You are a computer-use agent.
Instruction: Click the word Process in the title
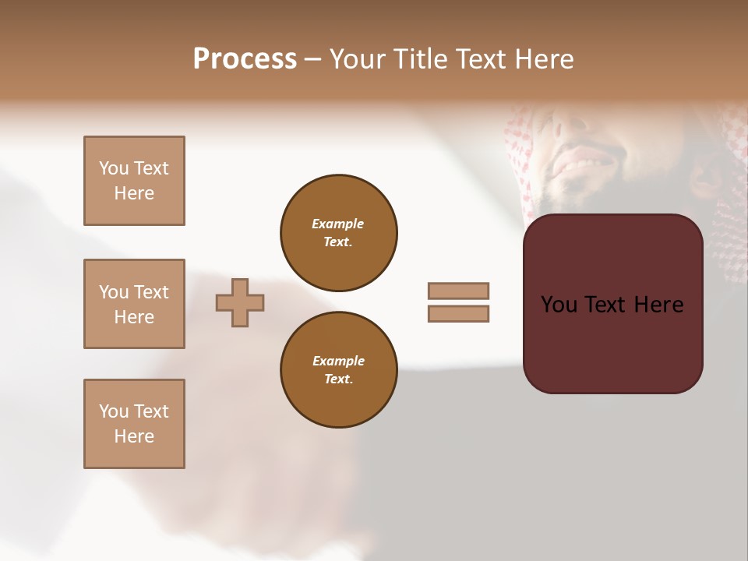tap(245, 59)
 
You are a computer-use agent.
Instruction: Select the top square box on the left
tap(134, 181)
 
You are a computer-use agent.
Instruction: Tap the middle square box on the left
tap(134, 304)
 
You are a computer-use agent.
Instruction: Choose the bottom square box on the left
tap(134, 424)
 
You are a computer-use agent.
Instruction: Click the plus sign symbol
tap(240, 302)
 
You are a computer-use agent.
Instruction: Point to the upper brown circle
tap(339, 233)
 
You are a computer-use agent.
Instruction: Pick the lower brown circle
tap(339, 370)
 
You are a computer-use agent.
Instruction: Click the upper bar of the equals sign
tap(458, 291)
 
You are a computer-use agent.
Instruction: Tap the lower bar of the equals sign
tap(458, 313)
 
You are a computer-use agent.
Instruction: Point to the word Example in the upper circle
tap(338, 224)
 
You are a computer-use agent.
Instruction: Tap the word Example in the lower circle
tap(338, 361)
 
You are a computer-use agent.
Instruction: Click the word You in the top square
tap(113, 168)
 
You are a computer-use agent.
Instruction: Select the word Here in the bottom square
tap(134, 436)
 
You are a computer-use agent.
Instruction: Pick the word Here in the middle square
tap(134, 317)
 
